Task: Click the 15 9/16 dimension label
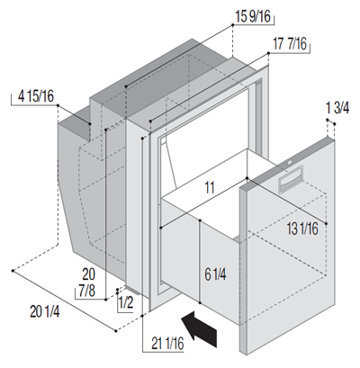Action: tap(253, 16)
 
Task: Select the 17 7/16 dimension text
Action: tap(290, 44)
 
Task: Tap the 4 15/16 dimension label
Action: tap(36, 96)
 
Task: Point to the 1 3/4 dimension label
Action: tap(337, 108)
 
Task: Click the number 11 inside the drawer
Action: tap(210, 188)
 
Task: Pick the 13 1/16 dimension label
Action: tap(302, 229)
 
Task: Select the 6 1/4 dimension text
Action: tap(215, 274)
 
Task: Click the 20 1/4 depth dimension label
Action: tap(45, 311)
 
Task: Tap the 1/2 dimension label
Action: tap(126, 303)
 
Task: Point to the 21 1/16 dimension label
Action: tap(167, 344)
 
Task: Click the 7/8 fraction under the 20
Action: tap(87, 291)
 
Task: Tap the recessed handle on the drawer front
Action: tap(289, 182)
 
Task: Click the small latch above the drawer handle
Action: tap(290, 163)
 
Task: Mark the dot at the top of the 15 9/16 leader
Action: tap(232, 25)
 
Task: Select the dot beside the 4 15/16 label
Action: tap(58, 105)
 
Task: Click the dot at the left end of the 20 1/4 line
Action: tap(13, 271)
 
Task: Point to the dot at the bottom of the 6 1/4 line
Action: tap(200, 303)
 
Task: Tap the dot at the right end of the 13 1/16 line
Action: tap(327, 223)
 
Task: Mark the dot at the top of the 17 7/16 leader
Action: tap(268, 53)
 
